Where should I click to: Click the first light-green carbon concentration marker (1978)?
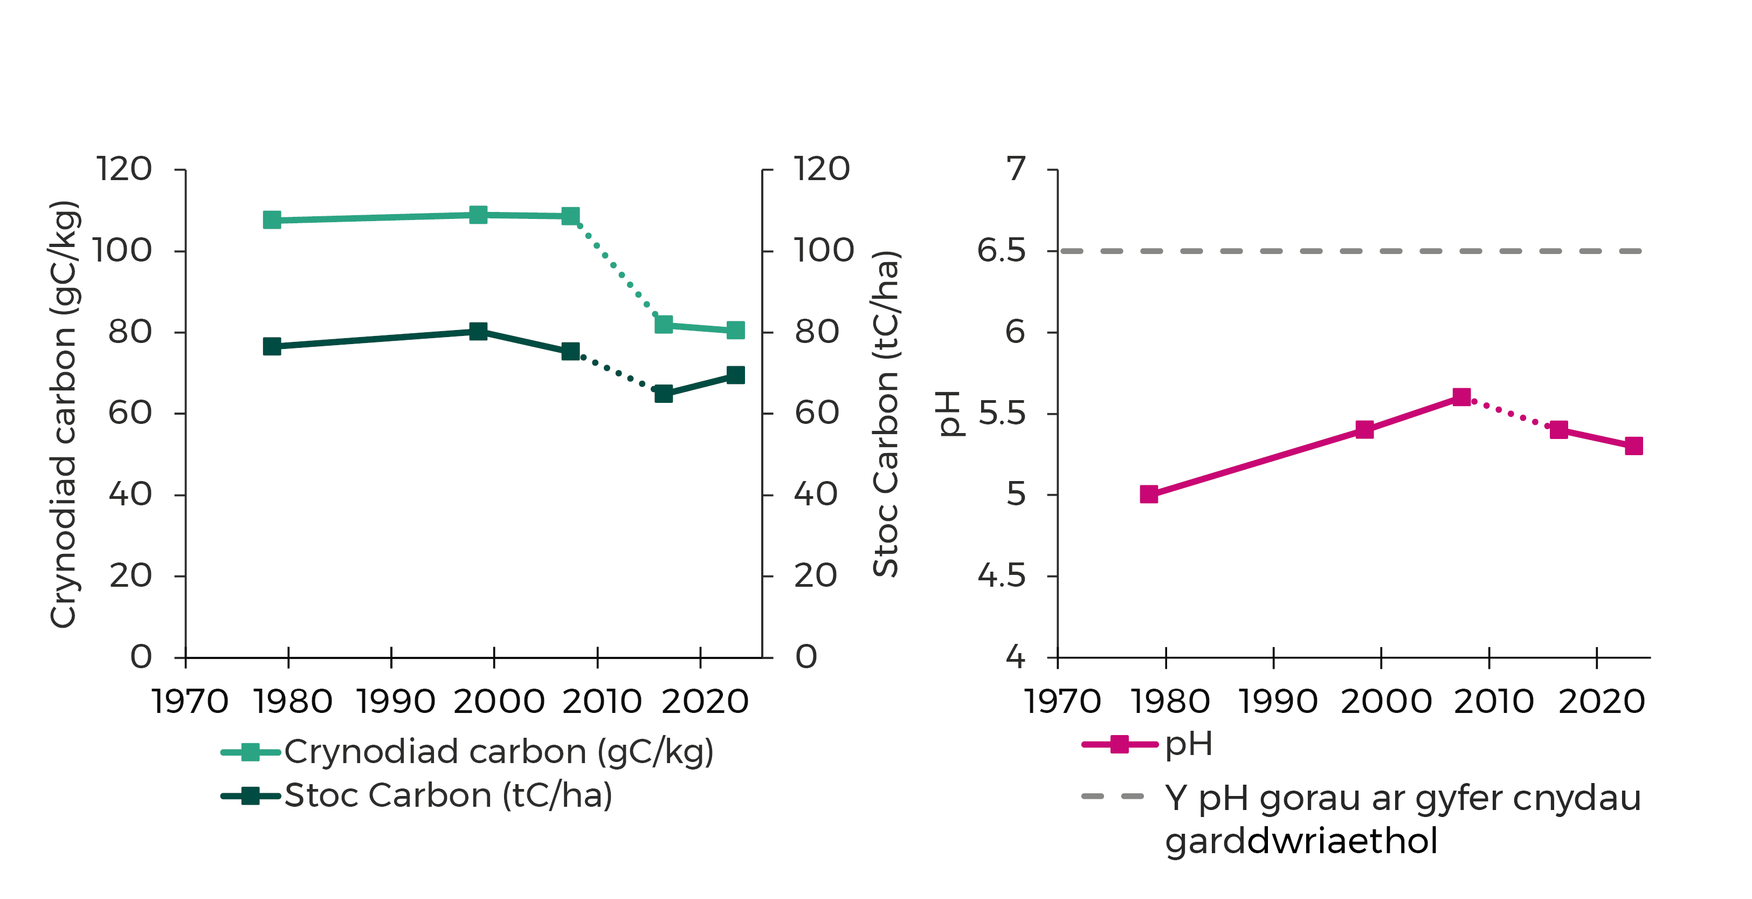(x=272, y=220)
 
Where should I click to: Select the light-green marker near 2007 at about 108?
(x=570, y=216)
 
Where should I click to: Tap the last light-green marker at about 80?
(x=735, y=330)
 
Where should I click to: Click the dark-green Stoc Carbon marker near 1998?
(x=478, y=332)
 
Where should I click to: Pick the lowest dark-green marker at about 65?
(x=663, y=393)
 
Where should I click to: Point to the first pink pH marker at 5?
(x=1149, y=494)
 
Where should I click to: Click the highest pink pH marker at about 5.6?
(x=1461, y=397)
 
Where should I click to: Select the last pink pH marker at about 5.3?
(x=1633, y=446)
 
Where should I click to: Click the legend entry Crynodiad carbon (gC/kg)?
(x=499, y=752)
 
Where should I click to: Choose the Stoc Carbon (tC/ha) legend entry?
(x=448, y=795)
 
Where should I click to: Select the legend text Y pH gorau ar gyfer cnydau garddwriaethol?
(x=1403, y=819)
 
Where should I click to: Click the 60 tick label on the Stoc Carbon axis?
(x=816, y=413)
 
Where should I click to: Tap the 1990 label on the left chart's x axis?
(x=396, y=702)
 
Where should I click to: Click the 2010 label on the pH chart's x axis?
(x=1494, y=702)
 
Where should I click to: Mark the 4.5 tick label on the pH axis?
(x=1001, y=577)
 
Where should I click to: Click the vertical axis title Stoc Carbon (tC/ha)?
(x=886, y=414)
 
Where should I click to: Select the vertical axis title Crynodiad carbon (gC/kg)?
(x=63, y=414)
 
